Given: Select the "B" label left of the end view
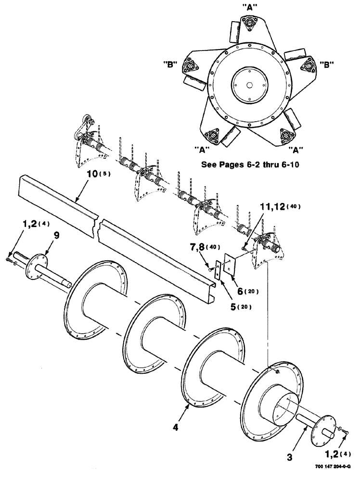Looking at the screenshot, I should [x=171, y=64].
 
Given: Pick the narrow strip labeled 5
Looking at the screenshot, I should [x=218, y=270].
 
